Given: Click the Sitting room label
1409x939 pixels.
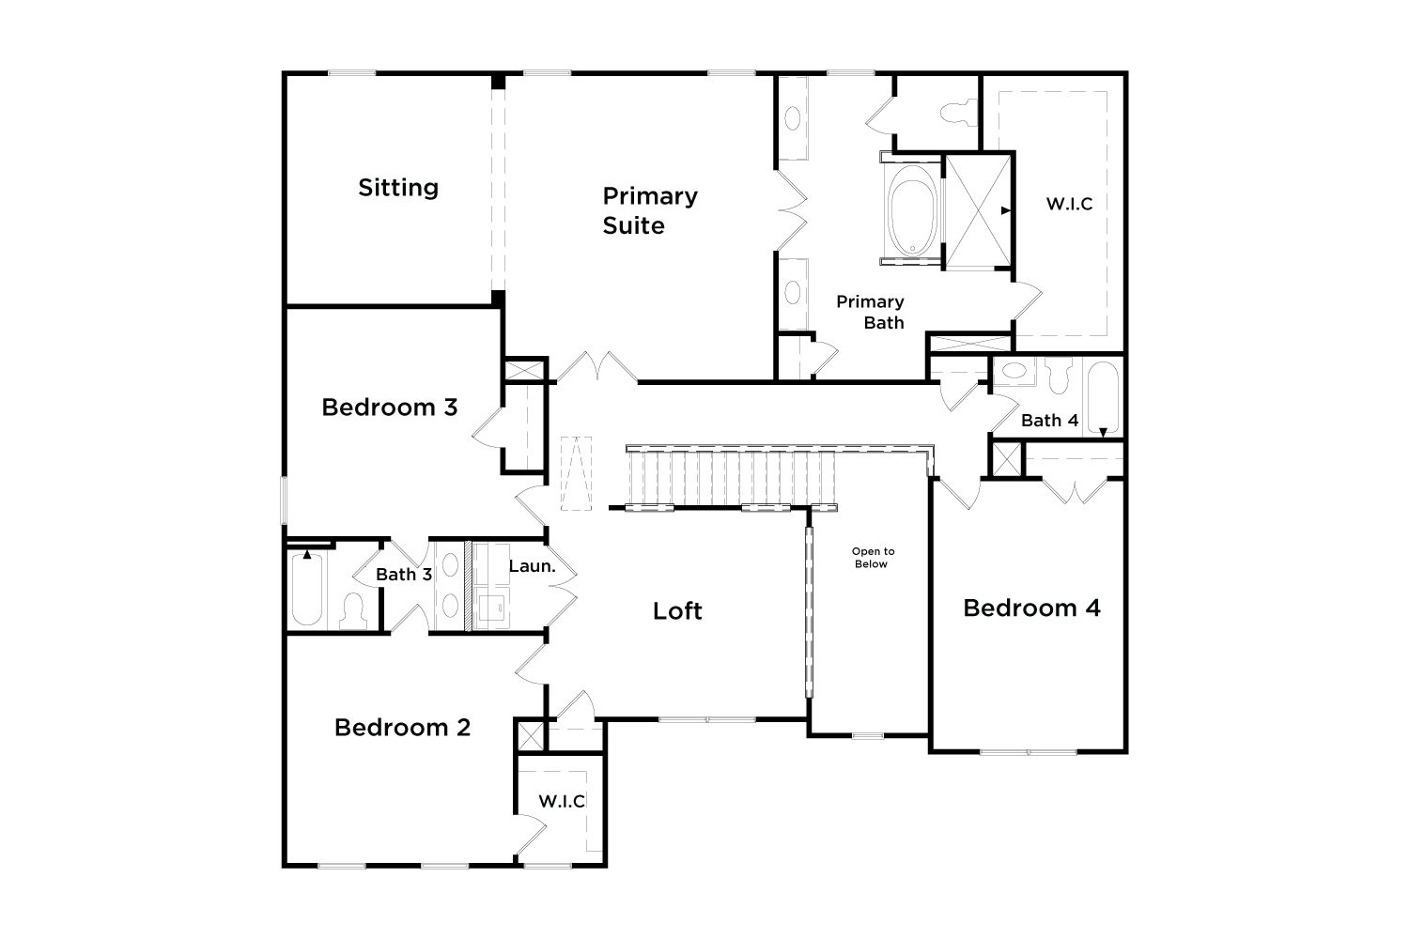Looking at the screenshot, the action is pyautogui.click(x=398, y=188).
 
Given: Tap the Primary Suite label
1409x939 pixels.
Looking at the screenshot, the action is pyautogui.click(x=650, y=210).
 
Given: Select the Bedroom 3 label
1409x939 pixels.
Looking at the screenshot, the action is pyautogui.click(x=390, y=408).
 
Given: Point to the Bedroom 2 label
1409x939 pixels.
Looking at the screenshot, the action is pyautogui.click(x=402, y=728).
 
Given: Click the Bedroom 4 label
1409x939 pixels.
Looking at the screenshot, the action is pyautogui.click(x=1031, y=608).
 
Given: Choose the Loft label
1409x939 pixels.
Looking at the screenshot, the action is pyautogui.click(x=677, y=610).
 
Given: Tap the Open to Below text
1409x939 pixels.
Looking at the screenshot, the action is pyautogui.click(x=873, y=558).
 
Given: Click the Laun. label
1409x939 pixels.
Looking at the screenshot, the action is pyautogui.click(x=533, y=566).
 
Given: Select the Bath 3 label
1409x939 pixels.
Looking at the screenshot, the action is pyautogui.click(x=404, y=575).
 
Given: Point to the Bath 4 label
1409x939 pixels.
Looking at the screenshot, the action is pyautogui.click(x=1049, y=420).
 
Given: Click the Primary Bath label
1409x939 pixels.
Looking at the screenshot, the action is pyautogui.click(x=870, y=312).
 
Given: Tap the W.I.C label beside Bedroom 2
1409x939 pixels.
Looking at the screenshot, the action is pyautogui.click(x=562, y=801).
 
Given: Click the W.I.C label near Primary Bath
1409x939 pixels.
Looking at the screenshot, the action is pyautogui.click(x=1069, y=204).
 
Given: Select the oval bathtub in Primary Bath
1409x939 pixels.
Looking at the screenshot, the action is pyautogui.click(x=911, y=210).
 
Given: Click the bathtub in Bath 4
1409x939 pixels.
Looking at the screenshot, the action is pyautogui.click(x=1103, y=397).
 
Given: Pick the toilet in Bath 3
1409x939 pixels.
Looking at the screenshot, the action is pyautogui.click(x=353, y=610).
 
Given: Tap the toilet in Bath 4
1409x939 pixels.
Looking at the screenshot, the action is pyautogui.click(x=1060, y=375).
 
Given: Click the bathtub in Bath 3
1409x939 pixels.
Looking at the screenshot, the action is pyautogui.click(x=307, y=589).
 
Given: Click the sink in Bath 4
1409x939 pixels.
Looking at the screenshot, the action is pyautogui.click(x=1014, y=371).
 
